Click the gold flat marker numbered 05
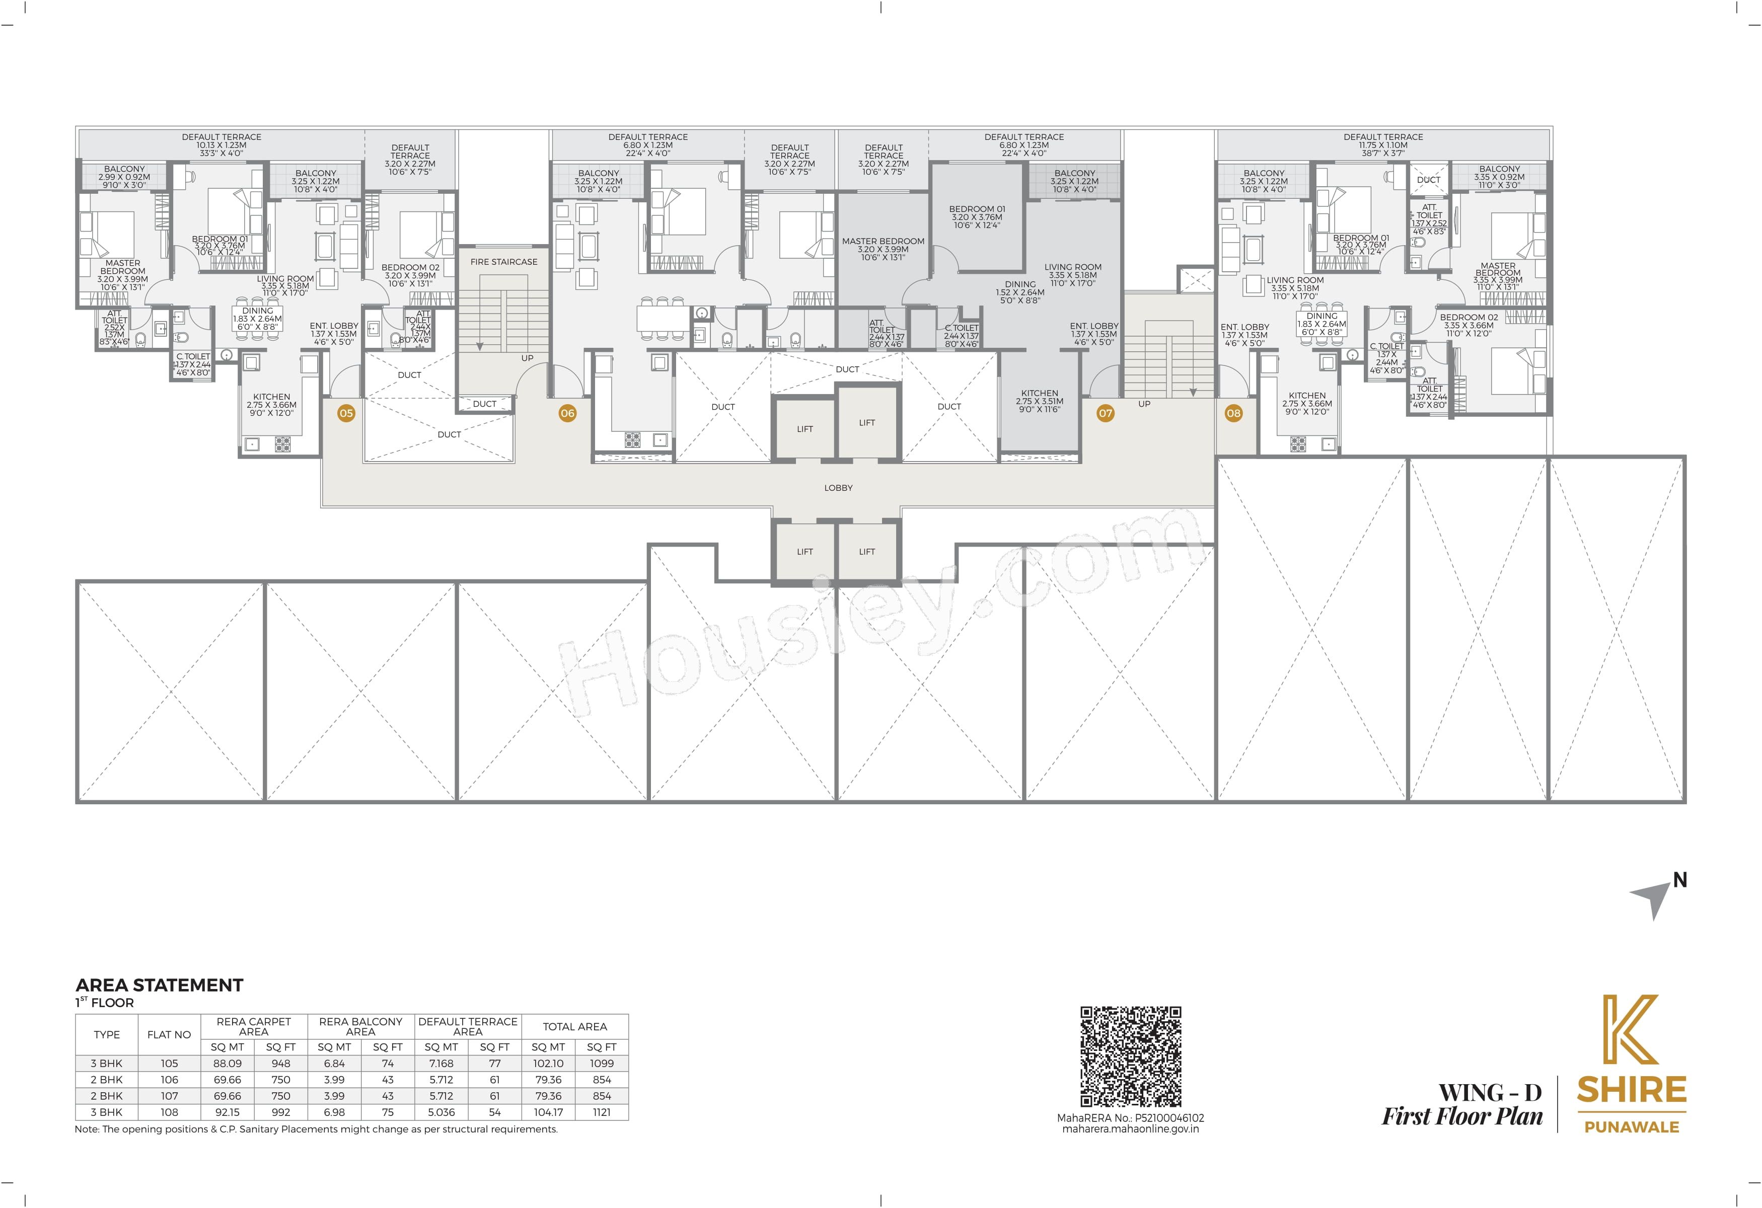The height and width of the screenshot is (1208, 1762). (346, 413)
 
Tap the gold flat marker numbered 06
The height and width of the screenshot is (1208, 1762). (567, 413)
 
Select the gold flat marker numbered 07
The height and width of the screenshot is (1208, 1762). (1106, 413)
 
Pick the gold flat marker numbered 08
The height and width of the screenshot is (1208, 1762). (1233, 413)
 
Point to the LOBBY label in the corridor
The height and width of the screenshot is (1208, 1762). (839, 488)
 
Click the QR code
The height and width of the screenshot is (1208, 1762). (1130, 1056)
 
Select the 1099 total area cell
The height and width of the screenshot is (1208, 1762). (602, 1063)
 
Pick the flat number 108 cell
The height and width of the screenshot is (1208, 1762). (169, 1112)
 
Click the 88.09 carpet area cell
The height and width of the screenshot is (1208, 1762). (228, 1063)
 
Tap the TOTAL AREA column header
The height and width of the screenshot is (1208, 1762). (575, 1027)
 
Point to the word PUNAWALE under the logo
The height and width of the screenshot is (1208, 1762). (1632, 1127)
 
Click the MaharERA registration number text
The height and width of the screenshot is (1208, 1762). (1130, 1118)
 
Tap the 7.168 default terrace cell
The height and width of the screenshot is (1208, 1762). (442, 1063)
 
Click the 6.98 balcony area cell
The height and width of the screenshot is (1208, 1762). (334, 1112)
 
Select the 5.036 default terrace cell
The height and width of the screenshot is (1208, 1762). (442, 1112)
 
